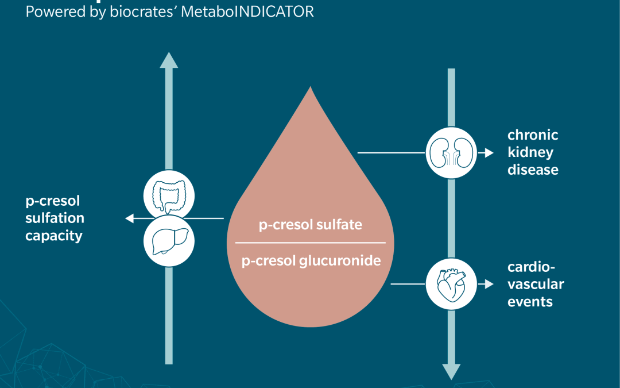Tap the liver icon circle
[169, 240]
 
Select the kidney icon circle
[451, 153]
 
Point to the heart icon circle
[451, 284]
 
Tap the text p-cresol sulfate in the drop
[310, 224]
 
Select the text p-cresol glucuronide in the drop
[311, 260]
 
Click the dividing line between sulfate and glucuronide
[311, 243]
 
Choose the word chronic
[533, 136]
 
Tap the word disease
[533, 170]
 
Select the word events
[530, 301]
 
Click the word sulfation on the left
[55, 218]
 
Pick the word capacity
[53, 236]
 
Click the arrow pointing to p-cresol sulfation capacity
[130, 218]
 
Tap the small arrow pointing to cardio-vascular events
[488, 284]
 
